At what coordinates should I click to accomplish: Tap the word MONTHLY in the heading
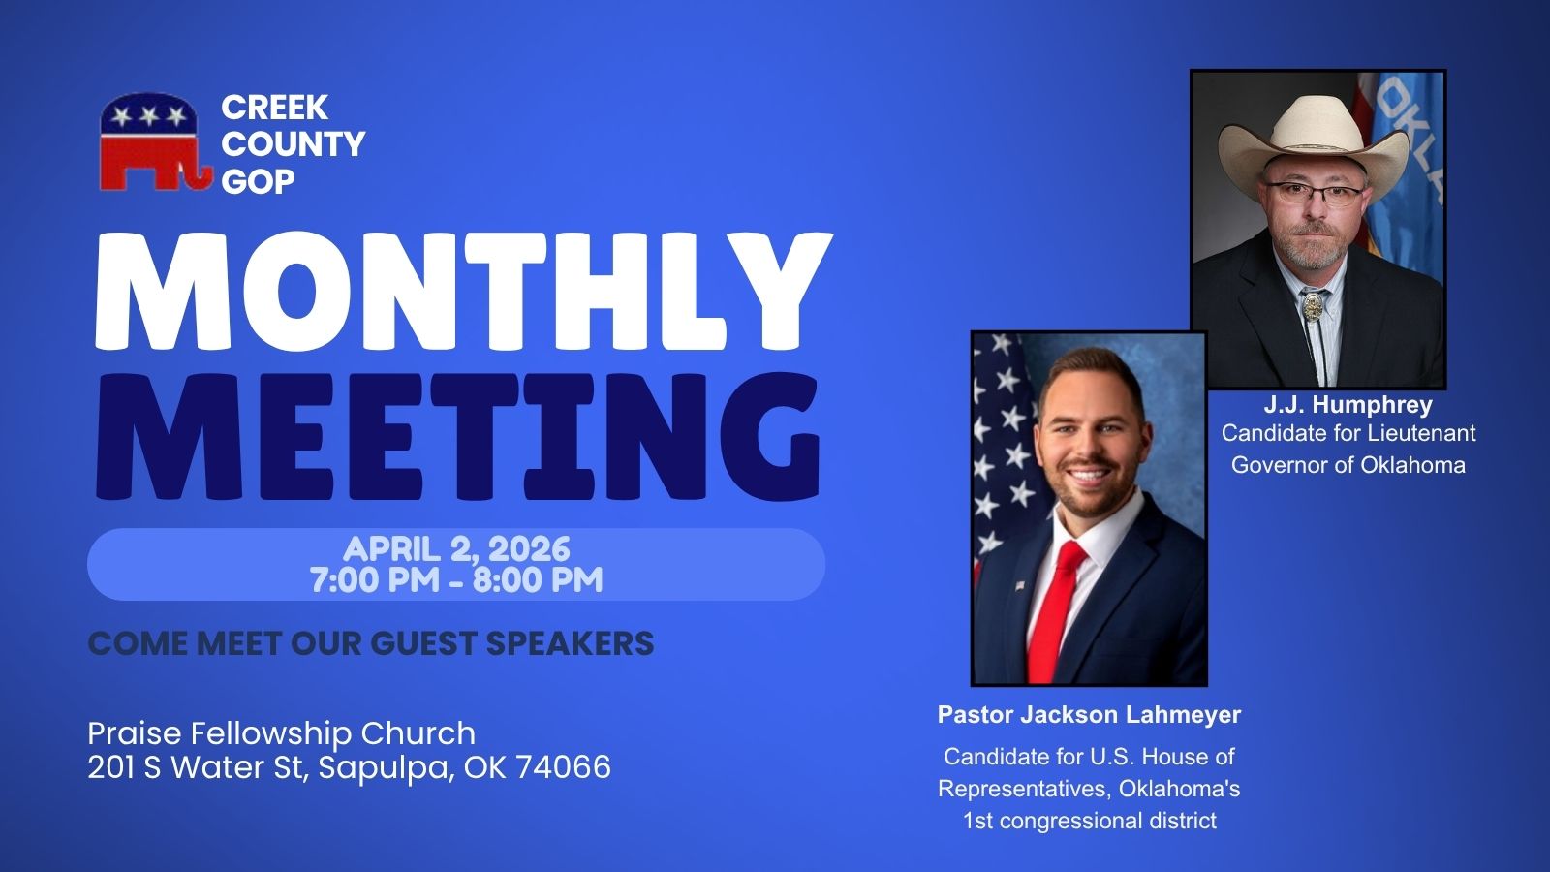coord(464,291)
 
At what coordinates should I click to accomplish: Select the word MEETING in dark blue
coord(457,436)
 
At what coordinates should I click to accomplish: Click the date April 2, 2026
coord(456,549)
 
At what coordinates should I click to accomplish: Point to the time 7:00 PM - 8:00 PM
coord(456,580)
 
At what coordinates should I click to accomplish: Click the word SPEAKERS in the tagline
coord(570,643)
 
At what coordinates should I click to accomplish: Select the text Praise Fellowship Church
coord(282,733)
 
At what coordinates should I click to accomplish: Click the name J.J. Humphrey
coord(1348,404)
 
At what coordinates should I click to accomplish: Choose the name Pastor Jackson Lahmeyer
coord(1089,715)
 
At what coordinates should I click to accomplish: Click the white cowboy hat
coord(1314,146)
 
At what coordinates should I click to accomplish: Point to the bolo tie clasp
coord(1313,305)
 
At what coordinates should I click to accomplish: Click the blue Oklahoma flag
coord(1409,173)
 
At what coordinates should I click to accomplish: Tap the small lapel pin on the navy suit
coord(1020,586)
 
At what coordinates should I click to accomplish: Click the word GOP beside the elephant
coord(258,182)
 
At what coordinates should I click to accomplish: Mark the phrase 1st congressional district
coord(1090,821)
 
